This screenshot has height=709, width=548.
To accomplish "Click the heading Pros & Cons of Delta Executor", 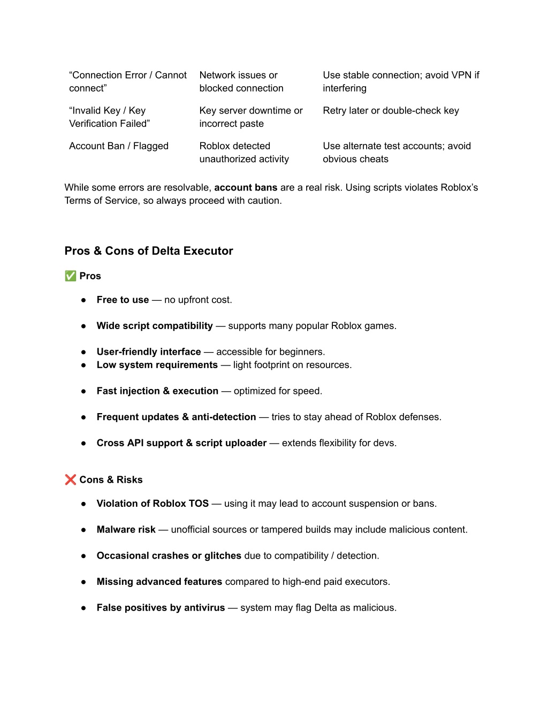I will click(149, 251).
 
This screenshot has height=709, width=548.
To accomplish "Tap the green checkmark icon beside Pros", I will click(70, 276).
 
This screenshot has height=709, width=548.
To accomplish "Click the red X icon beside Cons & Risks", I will click(70, 480).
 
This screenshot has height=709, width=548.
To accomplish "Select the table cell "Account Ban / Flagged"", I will click(119, 146).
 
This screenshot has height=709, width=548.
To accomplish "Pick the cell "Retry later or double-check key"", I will click(391, 111).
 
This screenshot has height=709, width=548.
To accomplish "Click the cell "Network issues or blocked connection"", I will click(241, 82).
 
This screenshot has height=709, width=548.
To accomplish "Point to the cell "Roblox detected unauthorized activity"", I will click(244, 153).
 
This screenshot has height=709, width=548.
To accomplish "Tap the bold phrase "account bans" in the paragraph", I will click(246, 188).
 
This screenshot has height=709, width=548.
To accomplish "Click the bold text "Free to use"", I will click(123, 300).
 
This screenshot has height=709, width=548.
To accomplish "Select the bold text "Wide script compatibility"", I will click(155, 326).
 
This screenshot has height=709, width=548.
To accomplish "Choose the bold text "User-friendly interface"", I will click(149, 352).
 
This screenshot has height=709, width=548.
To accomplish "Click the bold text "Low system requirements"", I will click(157, 365).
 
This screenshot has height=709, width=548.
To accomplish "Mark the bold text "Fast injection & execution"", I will click(157, 391).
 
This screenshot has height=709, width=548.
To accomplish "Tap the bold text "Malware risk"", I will click(126, 530).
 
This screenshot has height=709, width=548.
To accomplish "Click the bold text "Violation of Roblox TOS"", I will click(153, 504).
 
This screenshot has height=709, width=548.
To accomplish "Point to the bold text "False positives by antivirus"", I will click(161, 608).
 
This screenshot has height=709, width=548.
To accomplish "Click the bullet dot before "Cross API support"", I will click(83, 444).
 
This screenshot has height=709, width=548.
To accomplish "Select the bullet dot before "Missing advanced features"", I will click(83, 582).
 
